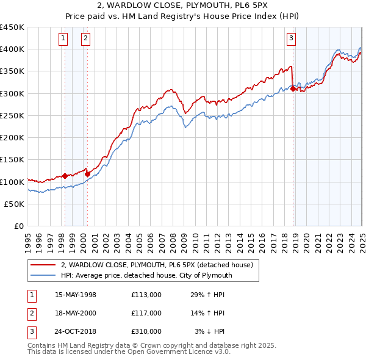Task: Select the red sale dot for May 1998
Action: [65, 176]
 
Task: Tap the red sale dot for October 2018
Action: [293, 88]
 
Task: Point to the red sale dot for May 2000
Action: [87, 174]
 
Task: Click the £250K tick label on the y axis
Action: [12, 115]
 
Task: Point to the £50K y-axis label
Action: [15, 204]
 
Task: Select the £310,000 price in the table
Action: [146, 331]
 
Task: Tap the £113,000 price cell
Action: [146, 295]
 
